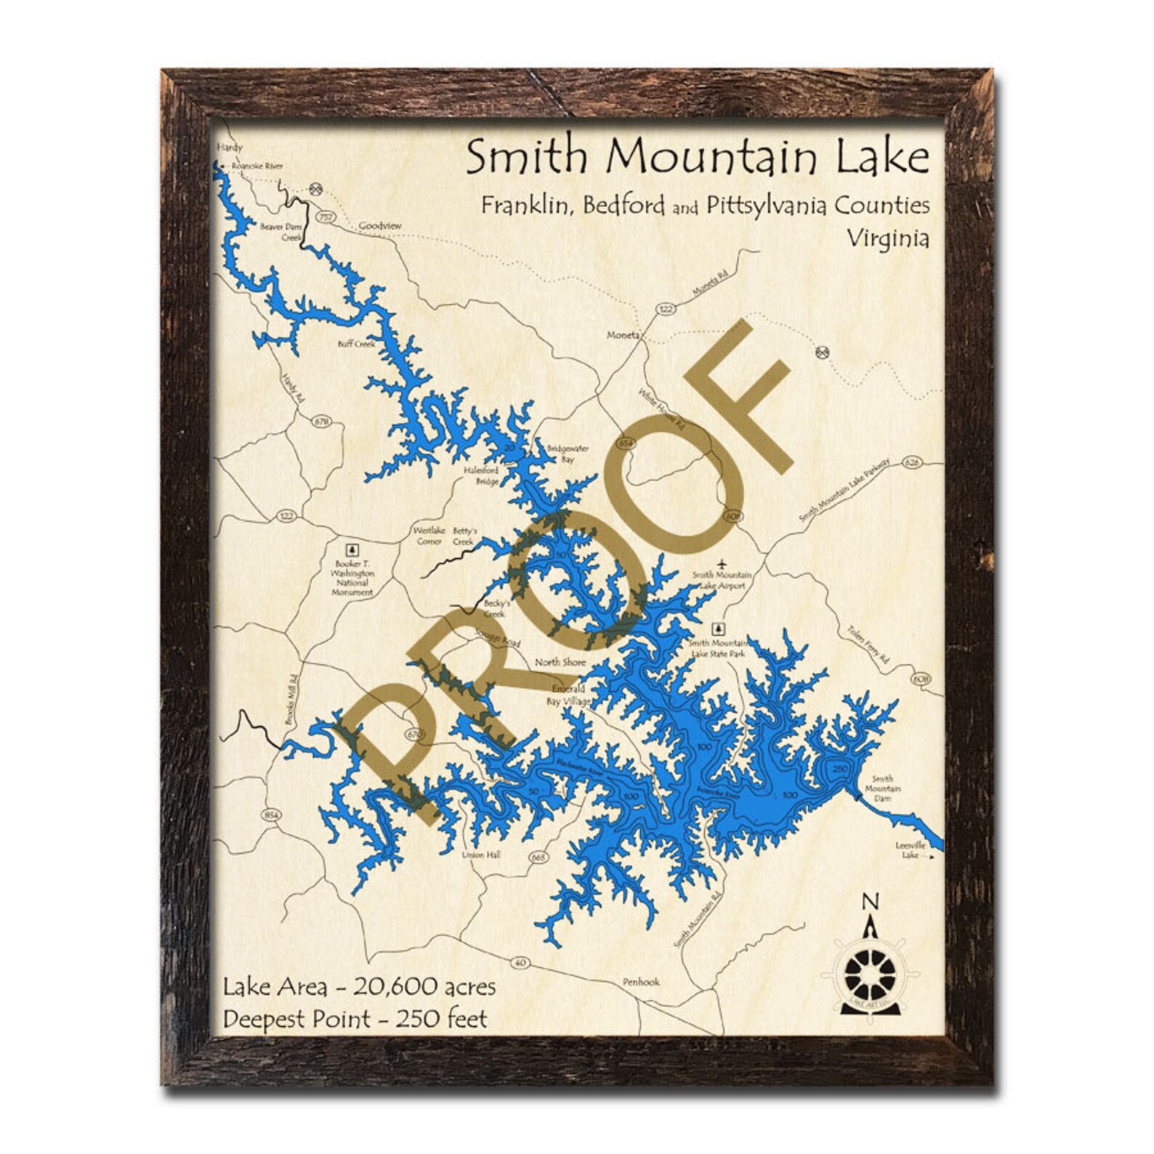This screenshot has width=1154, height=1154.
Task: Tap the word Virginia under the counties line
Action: point(887,238)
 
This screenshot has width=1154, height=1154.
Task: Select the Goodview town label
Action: point(380,226)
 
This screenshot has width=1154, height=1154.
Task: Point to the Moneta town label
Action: point(624,335)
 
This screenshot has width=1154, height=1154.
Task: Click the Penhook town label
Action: point(641,982)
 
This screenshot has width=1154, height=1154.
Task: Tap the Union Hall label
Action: point(481,855)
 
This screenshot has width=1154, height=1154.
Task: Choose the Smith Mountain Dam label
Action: point(882,788)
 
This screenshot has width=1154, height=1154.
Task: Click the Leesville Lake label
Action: point(910,850)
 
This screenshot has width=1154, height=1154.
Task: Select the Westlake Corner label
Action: point(429,536)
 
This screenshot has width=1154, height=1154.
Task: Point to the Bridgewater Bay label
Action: point(568,453)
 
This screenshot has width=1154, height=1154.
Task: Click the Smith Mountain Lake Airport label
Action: point(722,580)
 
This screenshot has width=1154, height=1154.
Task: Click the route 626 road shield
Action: point(913,463)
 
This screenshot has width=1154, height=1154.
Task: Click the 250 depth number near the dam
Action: point(841,768)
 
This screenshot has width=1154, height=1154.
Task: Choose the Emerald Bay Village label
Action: point(570,695)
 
